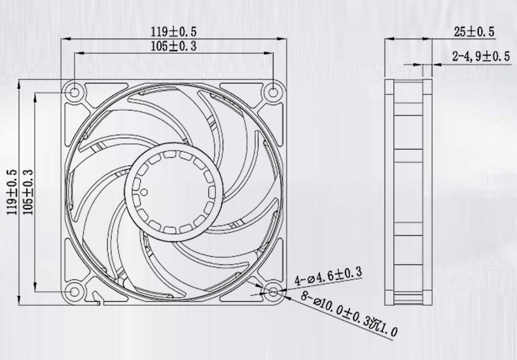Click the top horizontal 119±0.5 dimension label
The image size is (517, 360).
(x=174, y=31)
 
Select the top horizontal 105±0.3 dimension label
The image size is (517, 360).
(x=174, y=46)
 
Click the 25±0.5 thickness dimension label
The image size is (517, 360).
(x=474, y=31)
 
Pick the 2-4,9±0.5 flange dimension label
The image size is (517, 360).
(x=481, y=57)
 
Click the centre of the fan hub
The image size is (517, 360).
(x=173, y=190)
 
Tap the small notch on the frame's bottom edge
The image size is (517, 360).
(x=98, y=301)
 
